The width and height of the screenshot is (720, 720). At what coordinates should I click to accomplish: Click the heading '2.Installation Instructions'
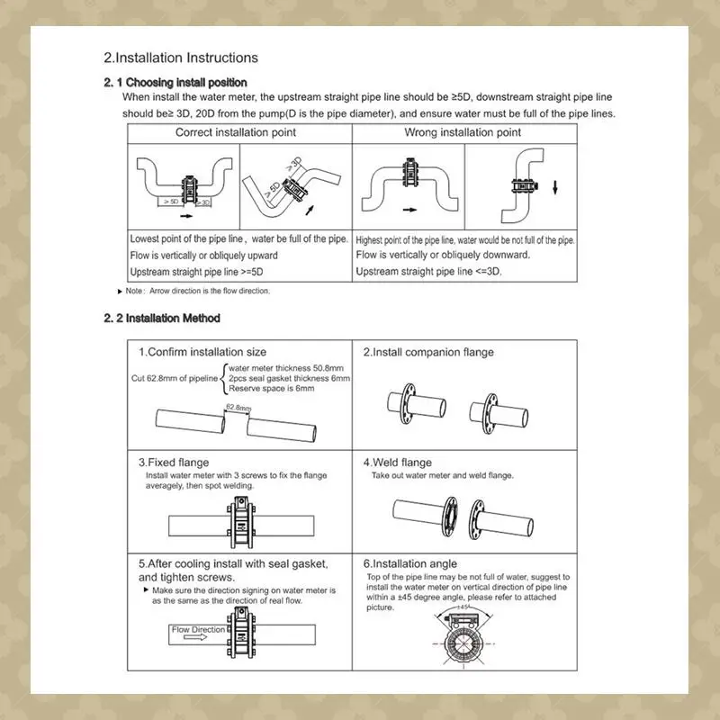181,58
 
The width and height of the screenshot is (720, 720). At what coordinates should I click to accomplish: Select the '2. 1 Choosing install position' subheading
175,83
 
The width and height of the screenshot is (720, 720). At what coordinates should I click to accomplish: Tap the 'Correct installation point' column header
235,132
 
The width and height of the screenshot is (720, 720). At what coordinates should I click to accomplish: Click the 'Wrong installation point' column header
463,132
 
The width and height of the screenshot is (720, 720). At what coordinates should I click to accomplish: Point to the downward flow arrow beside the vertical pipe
555,187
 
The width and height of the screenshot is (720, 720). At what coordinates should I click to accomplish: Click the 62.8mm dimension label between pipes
238,408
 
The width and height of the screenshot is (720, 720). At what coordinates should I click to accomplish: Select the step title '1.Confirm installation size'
202,352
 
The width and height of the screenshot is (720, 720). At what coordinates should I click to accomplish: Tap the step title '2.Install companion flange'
427,352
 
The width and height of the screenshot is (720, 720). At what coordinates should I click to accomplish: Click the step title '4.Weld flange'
397,463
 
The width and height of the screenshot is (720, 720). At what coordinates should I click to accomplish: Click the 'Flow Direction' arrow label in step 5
197,631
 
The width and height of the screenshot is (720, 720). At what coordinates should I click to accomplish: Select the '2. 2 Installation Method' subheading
162,319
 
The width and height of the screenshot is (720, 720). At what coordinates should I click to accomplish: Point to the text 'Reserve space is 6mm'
272,389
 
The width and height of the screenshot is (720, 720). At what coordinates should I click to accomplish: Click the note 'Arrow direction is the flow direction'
198,291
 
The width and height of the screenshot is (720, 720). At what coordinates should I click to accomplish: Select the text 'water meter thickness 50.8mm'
285,369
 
